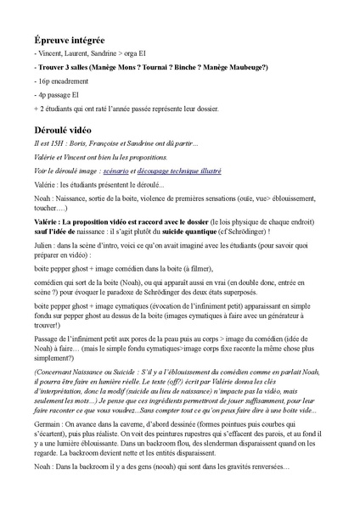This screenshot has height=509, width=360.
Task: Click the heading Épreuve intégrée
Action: tap(70, 40)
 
